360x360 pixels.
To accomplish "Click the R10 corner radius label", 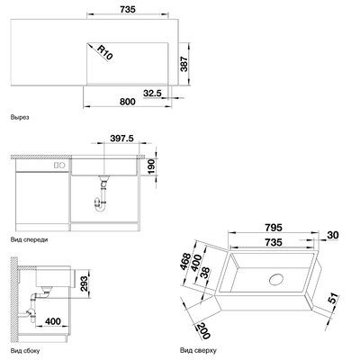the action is (105, 52).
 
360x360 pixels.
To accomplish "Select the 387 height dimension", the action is (184, 64).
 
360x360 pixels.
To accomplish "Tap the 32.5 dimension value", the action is (152, 94).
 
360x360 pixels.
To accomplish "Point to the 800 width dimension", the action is (128, 102).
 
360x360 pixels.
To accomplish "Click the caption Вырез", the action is (20, 117).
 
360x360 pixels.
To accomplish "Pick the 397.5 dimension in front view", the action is (121, 139).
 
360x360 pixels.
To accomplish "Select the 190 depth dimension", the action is (151, 166).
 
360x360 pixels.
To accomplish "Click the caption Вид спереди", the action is (29, 239).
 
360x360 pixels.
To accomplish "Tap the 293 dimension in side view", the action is (85, 283).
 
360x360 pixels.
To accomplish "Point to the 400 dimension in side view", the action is (53, 321).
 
